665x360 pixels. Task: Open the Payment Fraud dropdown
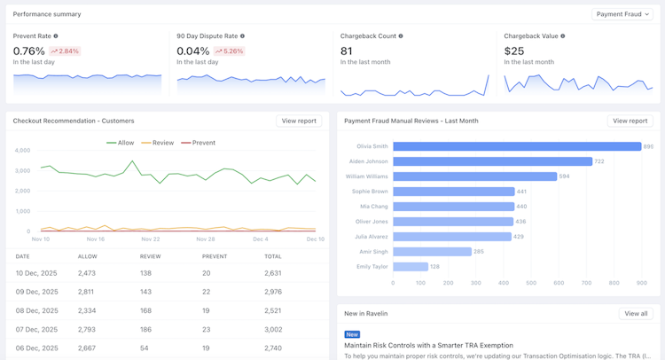click(x=622, y=14)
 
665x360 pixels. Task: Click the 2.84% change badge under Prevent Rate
click(x=65, y=51)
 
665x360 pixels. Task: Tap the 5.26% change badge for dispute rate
click(x=229, y=51)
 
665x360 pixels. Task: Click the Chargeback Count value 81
click(x=346, y=51)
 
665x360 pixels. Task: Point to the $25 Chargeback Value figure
click(x=514, y=51)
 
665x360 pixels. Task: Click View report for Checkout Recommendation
click(x=299, y=121)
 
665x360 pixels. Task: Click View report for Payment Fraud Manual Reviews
click(x=630, y=121)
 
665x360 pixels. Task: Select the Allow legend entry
click(x=120, y=143)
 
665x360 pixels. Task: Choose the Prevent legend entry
click(x=198, y=143)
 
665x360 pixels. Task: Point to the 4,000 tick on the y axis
click(x=22, y=150)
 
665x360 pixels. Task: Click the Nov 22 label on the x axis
click(x=151, y=239)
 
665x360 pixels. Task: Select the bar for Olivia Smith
click(x=517, y=146)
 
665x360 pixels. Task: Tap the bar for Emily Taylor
click(x=411, y=267)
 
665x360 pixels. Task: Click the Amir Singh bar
click(x=432, y=252)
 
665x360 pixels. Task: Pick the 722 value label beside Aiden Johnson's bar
click(x=598, y=161)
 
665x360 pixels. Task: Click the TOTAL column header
click(x=273, y=256)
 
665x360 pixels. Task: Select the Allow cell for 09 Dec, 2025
click(x=86, y=292)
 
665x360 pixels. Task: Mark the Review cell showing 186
click(x=145, y=330)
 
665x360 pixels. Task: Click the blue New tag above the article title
click(x=352, y=334)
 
